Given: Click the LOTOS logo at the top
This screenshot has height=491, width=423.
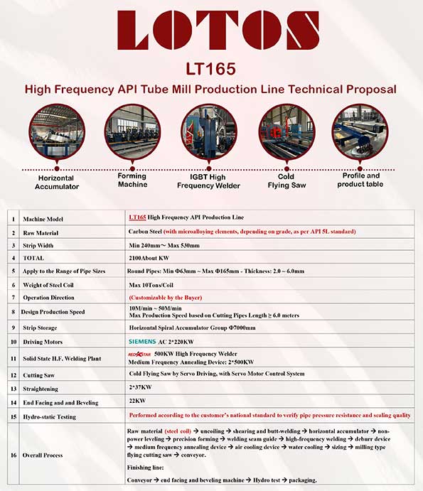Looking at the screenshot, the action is pyautogui.click(x=218, y=30).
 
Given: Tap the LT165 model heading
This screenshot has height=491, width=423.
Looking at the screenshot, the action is pyautogui.click(x=210, y=69).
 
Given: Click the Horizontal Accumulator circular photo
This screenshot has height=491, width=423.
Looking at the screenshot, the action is pyautogui.click(x=57, y=131).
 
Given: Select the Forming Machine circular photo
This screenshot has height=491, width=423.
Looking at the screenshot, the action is pyautogui.click(x=132, y=131).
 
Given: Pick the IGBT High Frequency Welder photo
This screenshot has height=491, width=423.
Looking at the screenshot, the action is pyautogui.click(x=209, y=131).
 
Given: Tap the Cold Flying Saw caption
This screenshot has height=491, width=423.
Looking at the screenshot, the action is pyautogui.click(x=287, y=181).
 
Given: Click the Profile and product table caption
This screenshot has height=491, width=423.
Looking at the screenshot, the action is pyautogui.click(x=360, y=180).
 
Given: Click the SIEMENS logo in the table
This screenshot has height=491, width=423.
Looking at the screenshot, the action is pyautogui.click(x=142, y=341).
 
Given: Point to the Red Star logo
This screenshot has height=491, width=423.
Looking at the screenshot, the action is pyautogui.click(x=139, y=354).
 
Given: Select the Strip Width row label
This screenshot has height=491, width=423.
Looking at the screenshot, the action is pyautogui.click(x=38, y=246).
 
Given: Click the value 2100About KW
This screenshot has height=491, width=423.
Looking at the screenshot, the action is pyautogui.click(x=149, y=258).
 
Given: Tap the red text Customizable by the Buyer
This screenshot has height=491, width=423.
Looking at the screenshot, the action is pyautogui.click(x=166, y=298).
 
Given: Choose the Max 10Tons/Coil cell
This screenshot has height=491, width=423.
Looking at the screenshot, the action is pyautogui.click(x=151, y=285).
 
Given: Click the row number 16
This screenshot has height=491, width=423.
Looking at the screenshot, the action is pyautogui.click(x=14, y=455).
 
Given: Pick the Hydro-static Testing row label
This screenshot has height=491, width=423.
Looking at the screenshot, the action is pyautogui.click(x=50, y=417).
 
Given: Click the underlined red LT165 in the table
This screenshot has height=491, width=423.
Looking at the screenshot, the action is pyautogui.click(x=137, y=217).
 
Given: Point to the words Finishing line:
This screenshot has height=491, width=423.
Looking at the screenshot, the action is pyautogui.click(x=146, y=468).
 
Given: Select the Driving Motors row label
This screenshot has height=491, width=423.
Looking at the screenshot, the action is pyautogui.click(x=43, y=342).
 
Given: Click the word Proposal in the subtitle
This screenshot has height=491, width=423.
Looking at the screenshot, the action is pyautogui.click(x=371, y=90).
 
